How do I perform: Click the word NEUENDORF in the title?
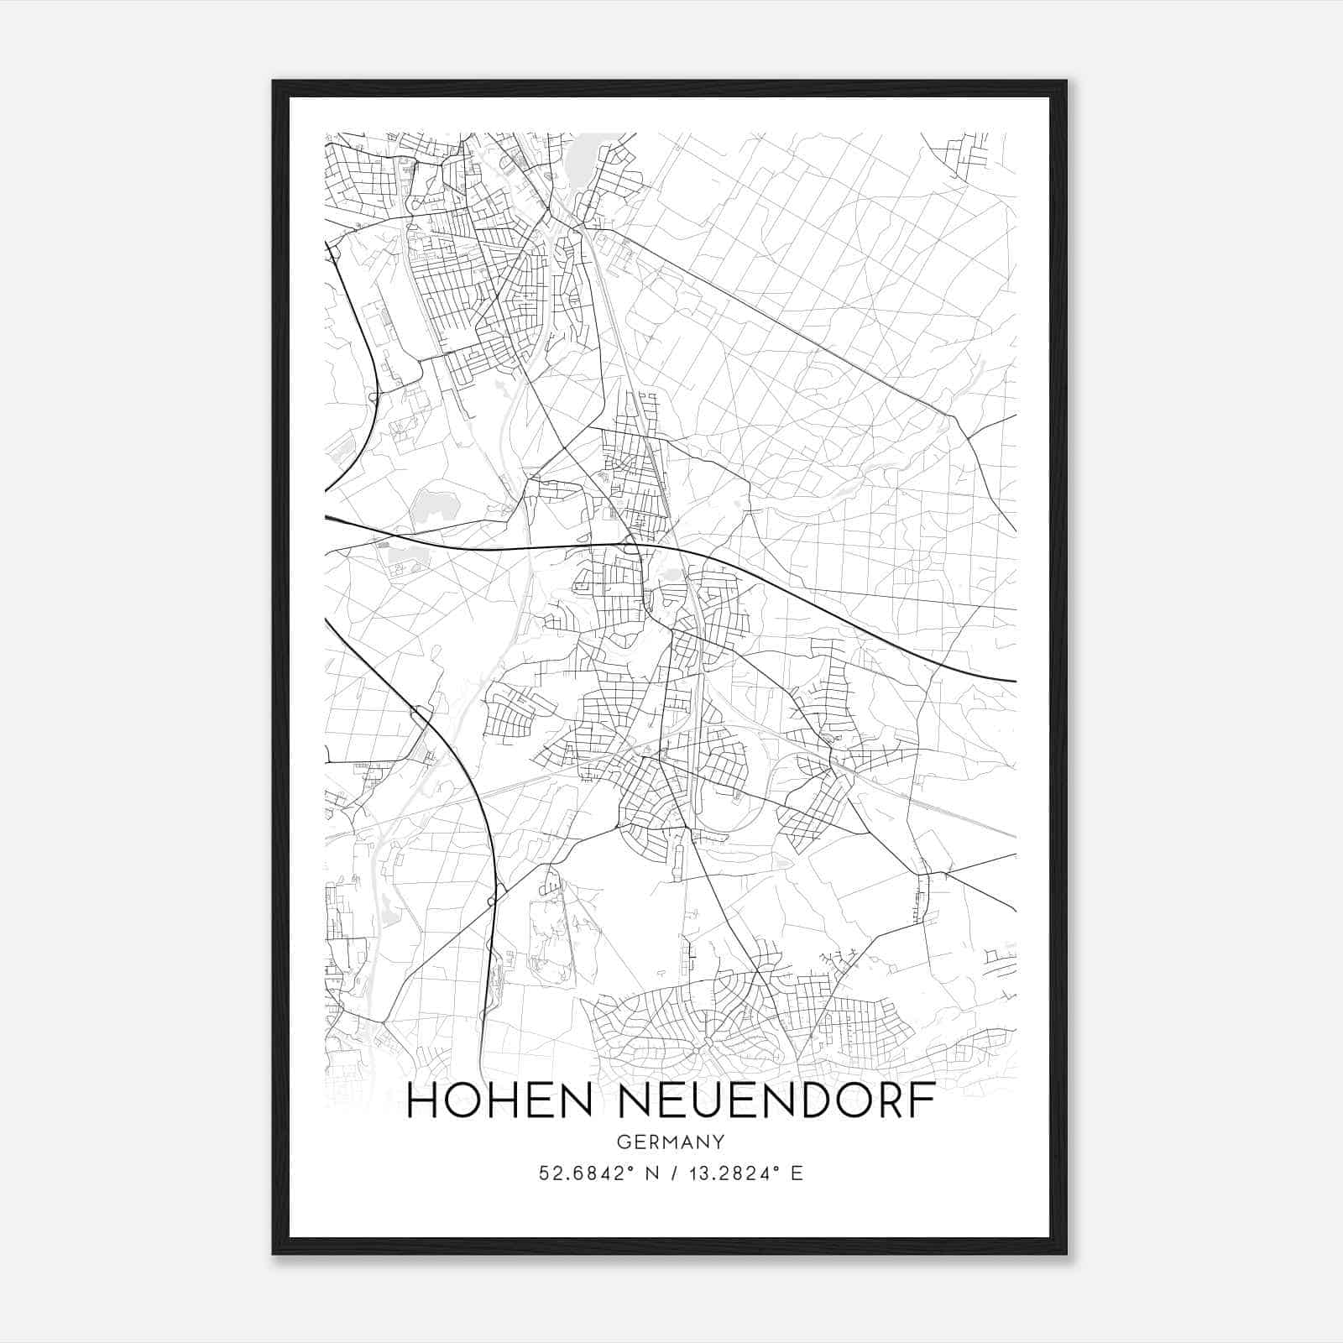776,1101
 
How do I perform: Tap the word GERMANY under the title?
671,1142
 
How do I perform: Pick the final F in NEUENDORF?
924,1101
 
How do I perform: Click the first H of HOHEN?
421,1101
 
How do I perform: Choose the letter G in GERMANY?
621,1142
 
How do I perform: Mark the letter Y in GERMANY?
720,1142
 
